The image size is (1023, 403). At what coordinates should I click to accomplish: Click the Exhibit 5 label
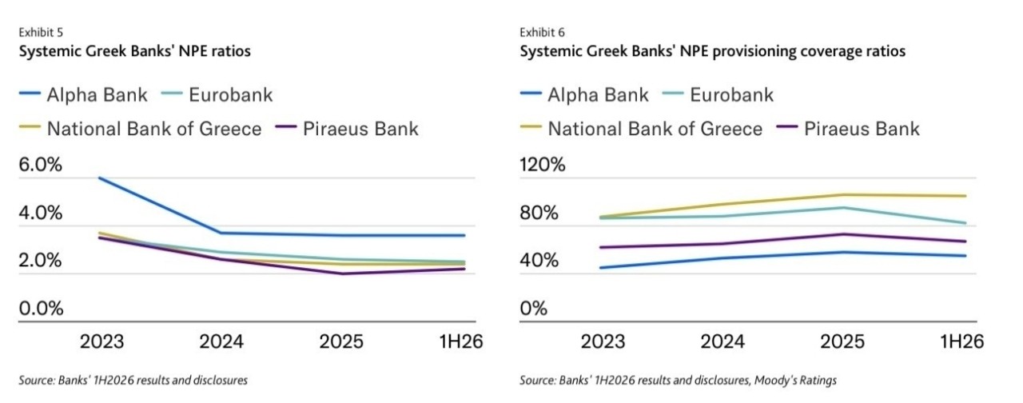click(41, 33)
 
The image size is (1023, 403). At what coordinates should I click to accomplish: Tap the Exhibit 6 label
click(542, 33)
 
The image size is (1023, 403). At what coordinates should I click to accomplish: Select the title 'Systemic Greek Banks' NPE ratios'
click(135, 51)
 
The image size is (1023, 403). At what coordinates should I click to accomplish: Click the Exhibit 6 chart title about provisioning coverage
click(712, 51)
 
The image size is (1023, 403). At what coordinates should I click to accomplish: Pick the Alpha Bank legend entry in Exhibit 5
click(84, 95)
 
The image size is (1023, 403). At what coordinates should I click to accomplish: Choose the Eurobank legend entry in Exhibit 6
click(718, 95)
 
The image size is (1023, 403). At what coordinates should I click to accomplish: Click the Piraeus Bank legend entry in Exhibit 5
click(348, 129)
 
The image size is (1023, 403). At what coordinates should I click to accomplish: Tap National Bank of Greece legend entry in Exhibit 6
click(642, 129)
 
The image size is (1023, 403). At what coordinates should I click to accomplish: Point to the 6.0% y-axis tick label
click(40, 165)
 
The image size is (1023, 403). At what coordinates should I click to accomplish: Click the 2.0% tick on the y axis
click(40, 261)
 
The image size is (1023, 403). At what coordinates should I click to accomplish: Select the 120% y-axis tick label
click(543, 165)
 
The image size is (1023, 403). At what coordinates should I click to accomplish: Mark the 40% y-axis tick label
click(539, 261)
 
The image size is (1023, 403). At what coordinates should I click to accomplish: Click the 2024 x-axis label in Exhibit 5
click(221, 341)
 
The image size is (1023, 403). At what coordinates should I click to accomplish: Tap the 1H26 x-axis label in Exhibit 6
click(961, 341)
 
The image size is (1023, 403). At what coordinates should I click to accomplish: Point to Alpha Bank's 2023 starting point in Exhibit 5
click(100, 178)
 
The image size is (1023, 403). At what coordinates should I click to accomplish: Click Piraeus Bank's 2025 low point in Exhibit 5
click(343, 273)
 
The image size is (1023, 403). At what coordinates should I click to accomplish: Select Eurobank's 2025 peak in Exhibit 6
click(843, 208)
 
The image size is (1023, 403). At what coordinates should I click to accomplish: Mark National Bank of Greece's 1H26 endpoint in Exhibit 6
click(965, 196)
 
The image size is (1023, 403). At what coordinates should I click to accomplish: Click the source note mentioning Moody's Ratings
click(679, 380)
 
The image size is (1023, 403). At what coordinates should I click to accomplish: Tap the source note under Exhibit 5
click(133, 380)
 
